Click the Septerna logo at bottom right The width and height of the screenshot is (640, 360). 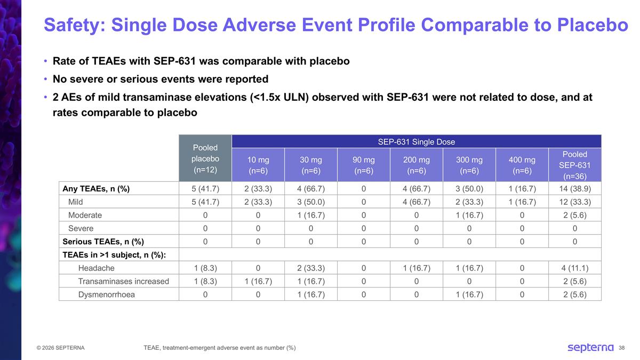click(590, 348)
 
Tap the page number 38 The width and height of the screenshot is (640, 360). click(621, 348)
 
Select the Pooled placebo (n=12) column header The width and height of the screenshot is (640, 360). click(205, 159)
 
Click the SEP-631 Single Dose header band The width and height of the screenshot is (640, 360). click(417, 141)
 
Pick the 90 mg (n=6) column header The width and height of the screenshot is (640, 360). click(363, 165)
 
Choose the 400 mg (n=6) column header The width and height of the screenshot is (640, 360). click(522, 165)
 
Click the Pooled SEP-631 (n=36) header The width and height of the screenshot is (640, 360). click(574, 165)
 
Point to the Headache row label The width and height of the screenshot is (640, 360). click(96, 268)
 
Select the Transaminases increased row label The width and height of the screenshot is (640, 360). click(123, 281)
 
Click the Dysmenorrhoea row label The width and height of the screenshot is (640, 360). click(106, 294)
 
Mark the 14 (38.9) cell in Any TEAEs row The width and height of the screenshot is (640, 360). click(574, 189)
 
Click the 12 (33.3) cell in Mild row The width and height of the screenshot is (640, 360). click(574, 202)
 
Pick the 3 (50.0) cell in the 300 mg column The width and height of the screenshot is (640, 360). click(469, 189)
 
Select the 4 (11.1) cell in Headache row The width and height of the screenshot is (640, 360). click(574, 268)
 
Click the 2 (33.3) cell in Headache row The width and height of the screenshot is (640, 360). click(310, 268)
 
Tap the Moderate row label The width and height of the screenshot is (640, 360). click(85, 215)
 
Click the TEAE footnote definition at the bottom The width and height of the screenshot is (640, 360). click(219, 348)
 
